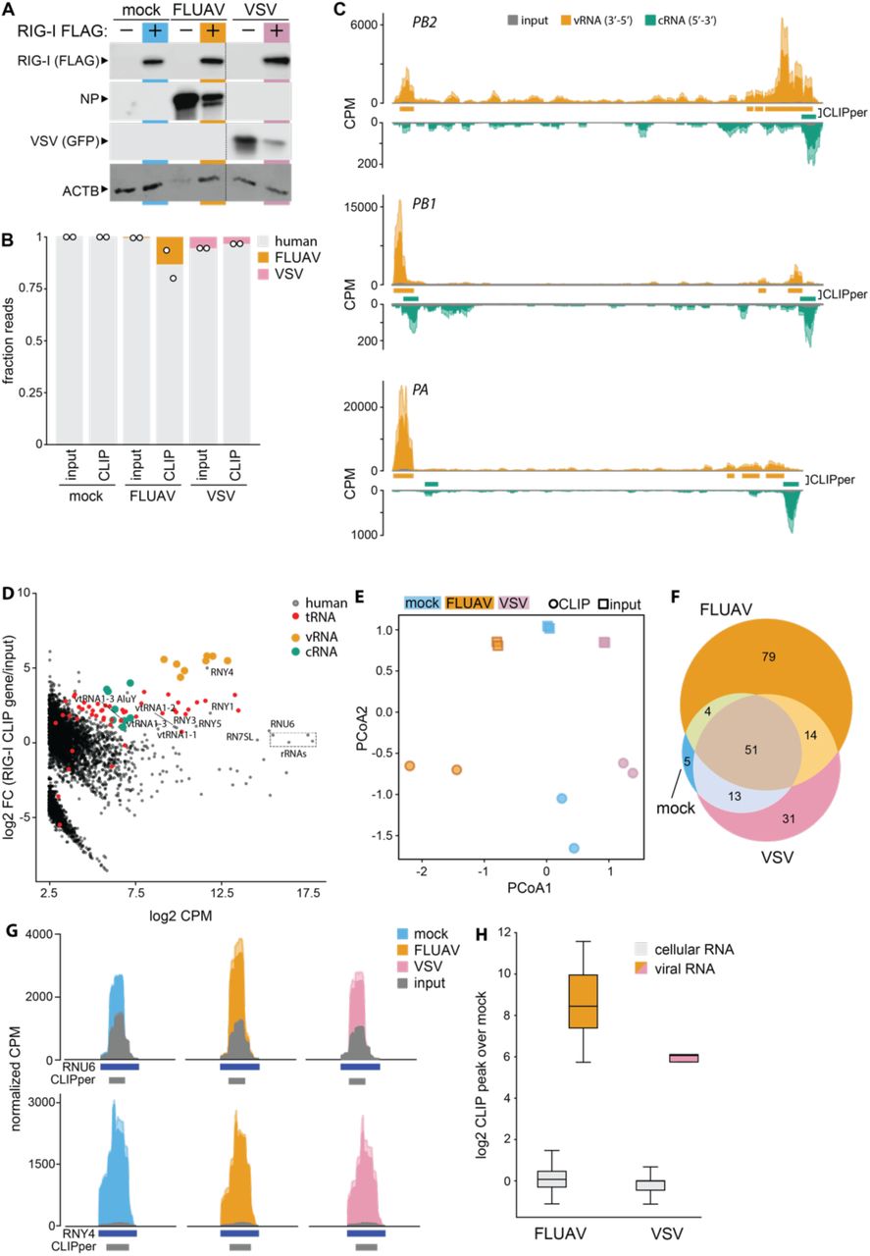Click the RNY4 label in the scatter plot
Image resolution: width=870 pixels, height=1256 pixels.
pos(222,672)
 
